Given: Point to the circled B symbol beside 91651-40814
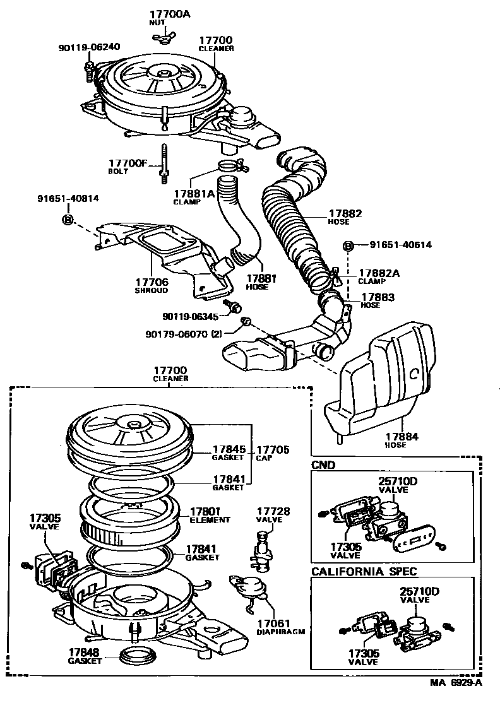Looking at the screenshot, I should [x=68, y=219].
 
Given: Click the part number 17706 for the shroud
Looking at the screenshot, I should [x=151, y=282].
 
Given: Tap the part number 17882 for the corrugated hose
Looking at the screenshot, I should [x=345, y=213].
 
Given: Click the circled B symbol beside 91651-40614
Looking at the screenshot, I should [x=347, y=245].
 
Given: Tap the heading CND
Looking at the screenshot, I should [x=323, y=465].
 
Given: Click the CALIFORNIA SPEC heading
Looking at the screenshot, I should [x=364, y=571].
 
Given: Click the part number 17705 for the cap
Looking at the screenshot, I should [x=273, y=449].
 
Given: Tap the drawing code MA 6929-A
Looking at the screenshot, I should [x=456, y=683].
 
